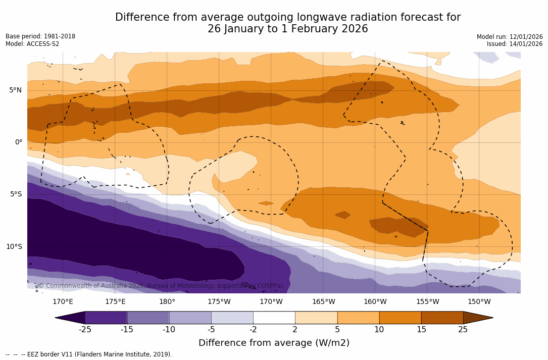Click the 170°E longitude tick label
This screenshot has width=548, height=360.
(x=63, y=302)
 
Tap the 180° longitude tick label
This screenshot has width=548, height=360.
(x=167, y=302)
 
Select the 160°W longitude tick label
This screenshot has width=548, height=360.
(x=375, y=302)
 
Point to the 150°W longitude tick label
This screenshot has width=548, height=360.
(x=479, y=302)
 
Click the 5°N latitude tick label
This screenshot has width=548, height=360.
(x=16, y=90)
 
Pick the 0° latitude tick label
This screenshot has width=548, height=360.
(x=19, y=142)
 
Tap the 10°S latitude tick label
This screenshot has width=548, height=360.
(x=14, y=247)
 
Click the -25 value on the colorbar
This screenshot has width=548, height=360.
(x=85, y=330)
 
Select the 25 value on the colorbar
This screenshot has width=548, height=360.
(x=463, y=330)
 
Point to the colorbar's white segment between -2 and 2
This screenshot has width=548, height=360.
(x=274, y=318)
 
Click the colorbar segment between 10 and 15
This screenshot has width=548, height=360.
(x=400, y=318)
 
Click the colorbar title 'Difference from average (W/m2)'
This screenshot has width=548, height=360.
(x=274, y=343)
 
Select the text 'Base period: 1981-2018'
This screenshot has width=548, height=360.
(x=40, y=36)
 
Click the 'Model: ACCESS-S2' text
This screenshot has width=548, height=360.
(x=32, y=44)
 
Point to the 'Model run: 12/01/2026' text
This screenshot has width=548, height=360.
(x=510, y=37)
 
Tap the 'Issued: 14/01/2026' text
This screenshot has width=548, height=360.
(x=515, y=44)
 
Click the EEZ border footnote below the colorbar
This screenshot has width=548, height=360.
(x=89, y=354)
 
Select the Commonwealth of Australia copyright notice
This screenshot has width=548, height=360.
(x=161, y=286)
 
